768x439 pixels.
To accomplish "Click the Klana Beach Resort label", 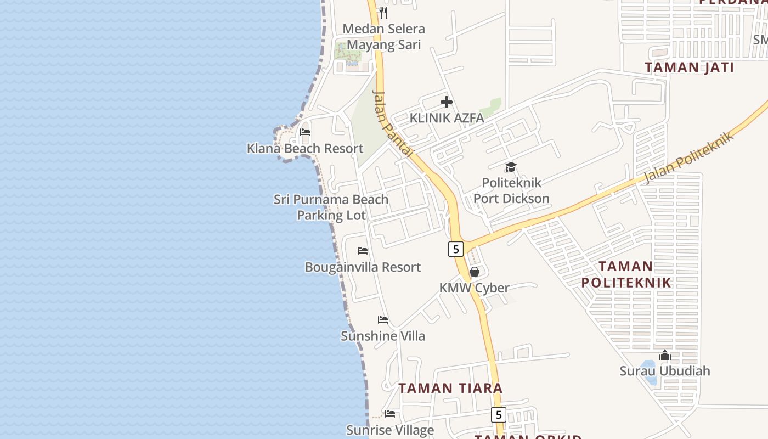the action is pyautogui.click(x=305, y=148).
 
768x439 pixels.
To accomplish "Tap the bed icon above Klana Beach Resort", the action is pyautogui.click(x=305, y=132).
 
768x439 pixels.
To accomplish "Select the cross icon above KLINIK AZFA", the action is pyautogui.click(x=447, y=102).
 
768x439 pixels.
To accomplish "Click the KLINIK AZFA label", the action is pyautogui.click(x=447, y=118).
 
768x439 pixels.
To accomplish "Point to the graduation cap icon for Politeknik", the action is pyautogui.click(x=511, y=167).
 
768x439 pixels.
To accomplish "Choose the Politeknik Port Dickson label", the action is pyautogui.click(x=511, y=190).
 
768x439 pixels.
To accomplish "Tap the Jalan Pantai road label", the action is pyautogui.click(x=392, y=124).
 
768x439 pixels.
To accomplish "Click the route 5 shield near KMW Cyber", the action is pyautogui.click(x=456, y=249).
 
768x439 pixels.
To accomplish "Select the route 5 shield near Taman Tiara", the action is pyautogui.click(x=498, y=414).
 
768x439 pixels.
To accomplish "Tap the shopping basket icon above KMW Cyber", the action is pyautogui.click(x=475, y=272).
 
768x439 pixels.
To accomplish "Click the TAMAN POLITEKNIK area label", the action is pyautogui.click(x=626, y=274).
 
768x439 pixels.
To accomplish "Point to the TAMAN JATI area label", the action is pyautogui.click(x=689, y=67).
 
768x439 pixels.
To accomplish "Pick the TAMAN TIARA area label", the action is pyautogui.click(x=450, y=388).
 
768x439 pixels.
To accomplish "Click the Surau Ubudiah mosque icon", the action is pyautogui.click(x=665, y=356).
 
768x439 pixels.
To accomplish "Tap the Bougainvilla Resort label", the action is pyautogui.click(x=363, y=267).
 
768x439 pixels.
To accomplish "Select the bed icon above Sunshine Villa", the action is pyautogui.click(x=383, y=320).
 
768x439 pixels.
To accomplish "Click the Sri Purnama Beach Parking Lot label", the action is pyautogui.click(x=331, y=207).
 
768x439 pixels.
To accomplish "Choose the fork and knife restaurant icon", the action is pyautogui.click(x=383, y=12).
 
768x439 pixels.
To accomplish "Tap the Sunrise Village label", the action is pyautogui.click(x=390, y=430).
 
